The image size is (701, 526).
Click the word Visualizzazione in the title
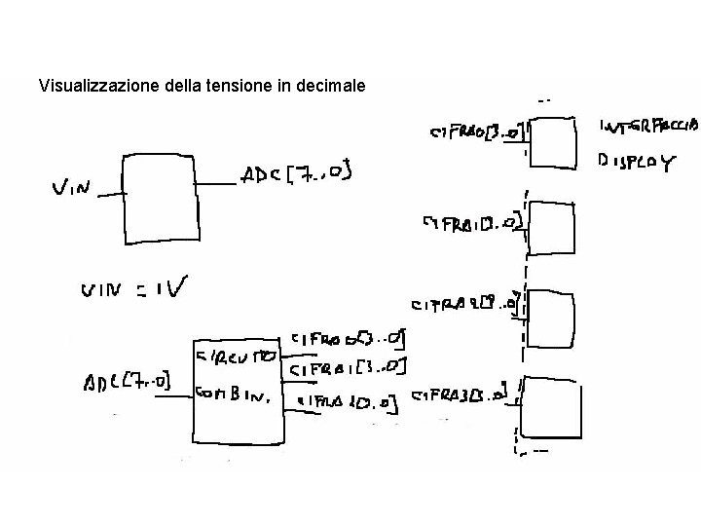click(87, 86)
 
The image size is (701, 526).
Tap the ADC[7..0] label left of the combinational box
click(127, 379)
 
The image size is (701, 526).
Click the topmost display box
click(555, 142)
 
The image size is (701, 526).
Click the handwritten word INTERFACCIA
click(647, 125)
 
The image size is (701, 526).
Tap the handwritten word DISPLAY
click(635, 163)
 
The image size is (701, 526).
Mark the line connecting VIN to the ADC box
click(110, 193)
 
